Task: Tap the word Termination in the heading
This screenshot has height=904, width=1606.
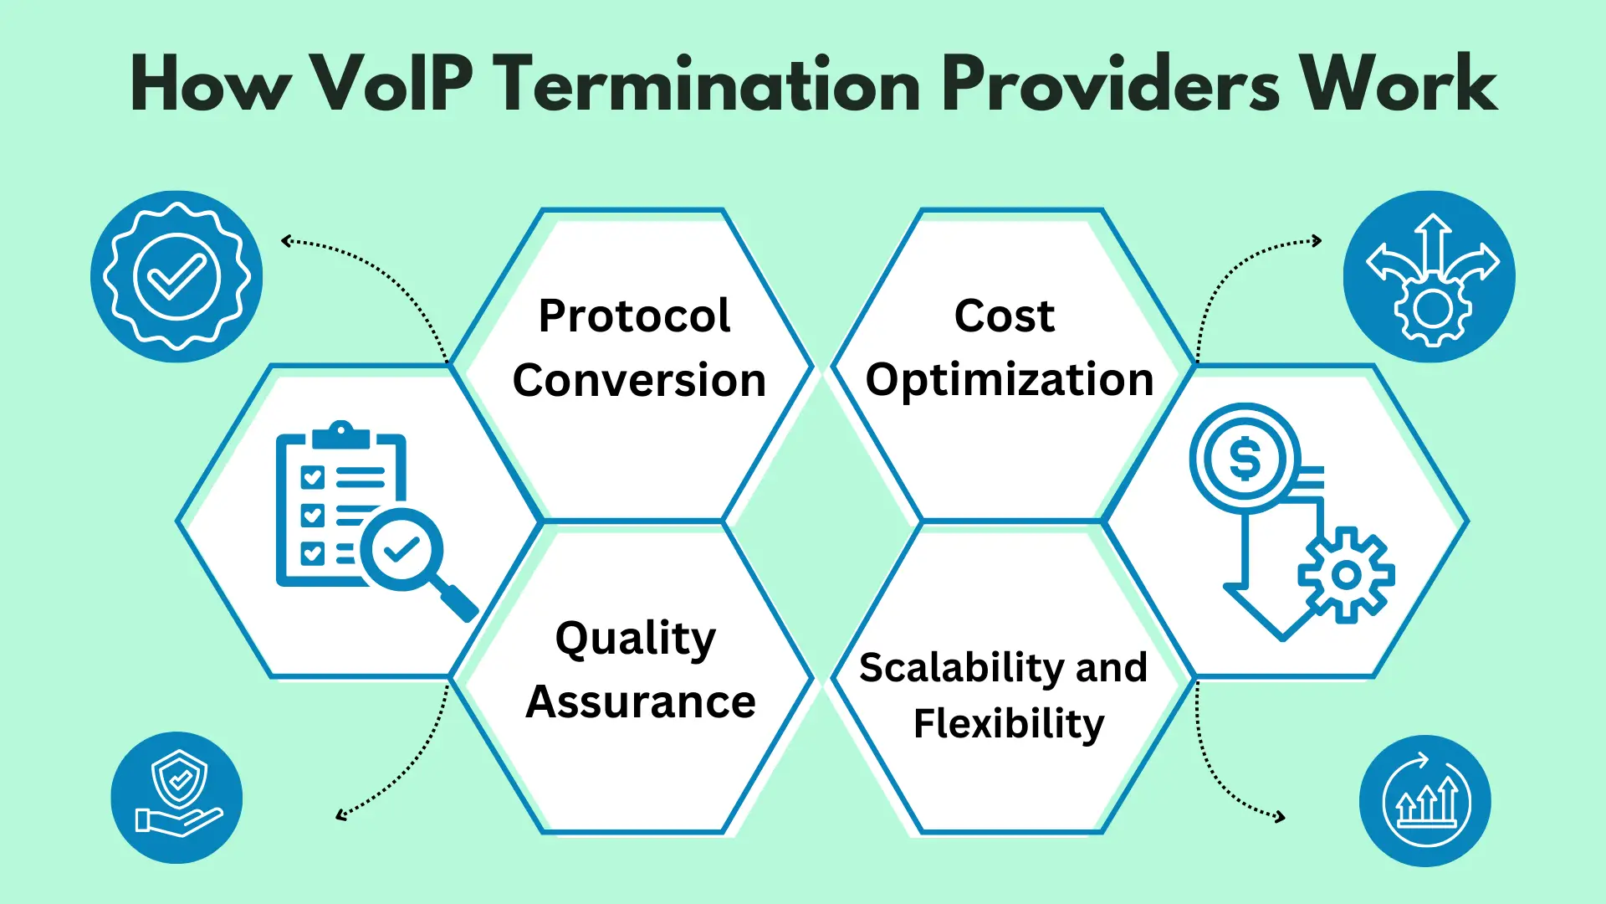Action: [x=712, y=83]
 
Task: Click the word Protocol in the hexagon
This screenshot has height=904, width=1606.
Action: [x=634, y=316]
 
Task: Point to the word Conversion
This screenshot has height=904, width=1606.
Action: [x=639, y=380]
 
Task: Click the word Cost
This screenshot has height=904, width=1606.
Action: [x=1005, y=316]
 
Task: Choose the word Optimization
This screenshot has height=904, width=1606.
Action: [x=1010, y=380]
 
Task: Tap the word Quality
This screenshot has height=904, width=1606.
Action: [x=636, y=639]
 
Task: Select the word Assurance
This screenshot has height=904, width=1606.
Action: [x=641, y=701]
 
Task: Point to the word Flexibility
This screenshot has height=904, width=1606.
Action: [x=1009, y=724]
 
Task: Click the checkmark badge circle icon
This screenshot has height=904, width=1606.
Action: [x=176, y=277]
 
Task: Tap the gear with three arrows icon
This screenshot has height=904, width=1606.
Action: [x=1430, y=277]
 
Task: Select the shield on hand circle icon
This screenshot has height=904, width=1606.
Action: [x=176, y=798]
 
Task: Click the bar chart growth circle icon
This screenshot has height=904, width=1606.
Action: [x=1425, y=801]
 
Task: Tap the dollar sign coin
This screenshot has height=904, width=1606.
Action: [x=1245, y=459]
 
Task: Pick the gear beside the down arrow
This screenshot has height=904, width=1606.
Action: [x=1346, y=575]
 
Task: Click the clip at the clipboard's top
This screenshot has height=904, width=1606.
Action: [x=340, y=436]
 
